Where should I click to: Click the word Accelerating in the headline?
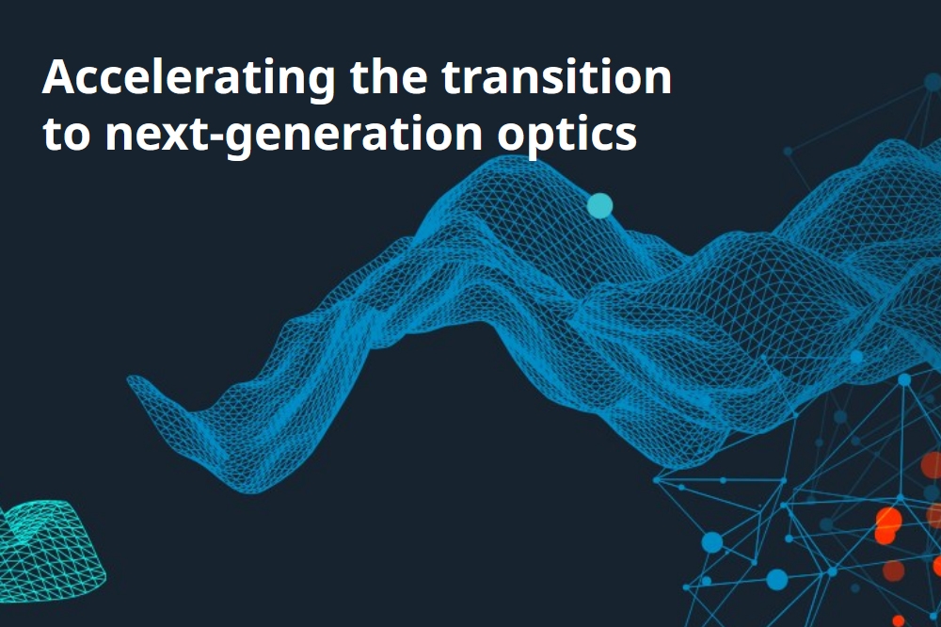[188, 79]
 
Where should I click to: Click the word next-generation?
[294, 136]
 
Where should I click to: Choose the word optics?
[566, 136]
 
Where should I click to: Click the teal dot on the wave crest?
[599, 206]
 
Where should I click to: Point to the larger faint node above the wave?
[933, 82]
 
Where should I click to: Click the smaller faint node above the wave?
[788, 152]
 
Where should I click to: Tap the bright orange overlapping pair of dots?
[887, 525]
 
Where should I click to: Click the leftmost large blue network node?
[712, 542]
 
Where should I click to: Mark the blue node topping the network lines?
[904, 379]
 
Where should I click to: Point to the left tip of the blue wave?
[128, 379]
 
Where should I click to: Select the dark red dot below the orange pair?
[894, 571]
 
